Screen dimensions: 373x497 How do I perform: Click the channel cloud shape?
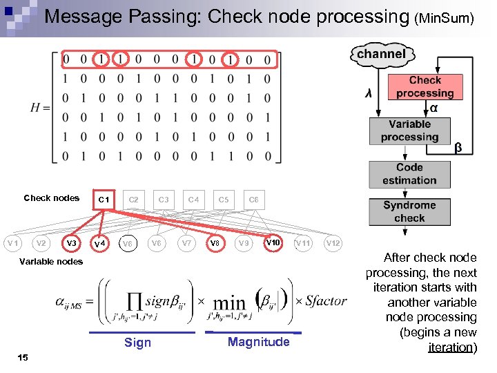pyautogui.click(x=381, y=54)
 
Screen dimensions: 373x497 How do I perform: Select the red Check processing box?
pyautogui.click(x=425, y=87)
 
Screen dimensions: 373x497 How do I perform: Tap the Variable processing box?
pyautogui.click(x=409, y=131)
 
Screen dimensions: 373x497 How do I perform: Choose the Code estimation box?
pyautogui.click(x=409, y=173)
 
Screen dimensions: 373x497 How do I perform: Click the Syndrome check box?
pyautogui.click(x=409, y=211)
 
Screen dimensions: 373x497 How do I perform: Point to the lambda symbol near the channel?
pyautogui.click(x=369, y=93)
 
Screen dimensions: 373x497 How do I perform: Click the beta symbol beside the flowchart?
pyautogui.click(x=457, y=148)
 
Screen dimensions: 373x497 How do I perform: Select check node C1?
pyautogui.click(x=104, y=200)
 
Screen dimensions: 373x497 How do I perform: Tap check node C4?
pyautogui.click(x=194, y=200)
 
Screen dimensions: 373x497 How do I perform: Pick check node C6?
pyautogui.click(x=254, y=200)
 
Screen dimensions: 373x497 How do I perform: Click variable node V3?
pyautogui.click(x=71, y=243)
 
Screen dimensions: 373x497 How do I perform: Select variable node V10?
pyautogui.click(x=273, y=242)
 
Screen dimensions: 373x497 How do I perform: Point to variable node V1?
pyautogui.click(x=12, y=243)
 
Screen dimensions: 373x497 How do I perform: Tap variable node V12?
pyautogui.click(x=333, y=243)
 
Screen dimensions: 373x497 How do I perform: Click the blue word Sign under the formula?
pyautogui.click(x=138, y=343)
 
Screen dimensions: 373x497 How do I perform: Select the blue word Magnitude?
pyautogui.click(x=258, y=342)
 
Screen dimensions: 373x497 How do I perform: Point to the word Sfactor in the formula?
pyautogui.click(x=327, y=301)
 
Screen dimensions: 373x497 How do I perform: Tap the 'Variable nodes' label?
pyautogui.click(x=51, y=261)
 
